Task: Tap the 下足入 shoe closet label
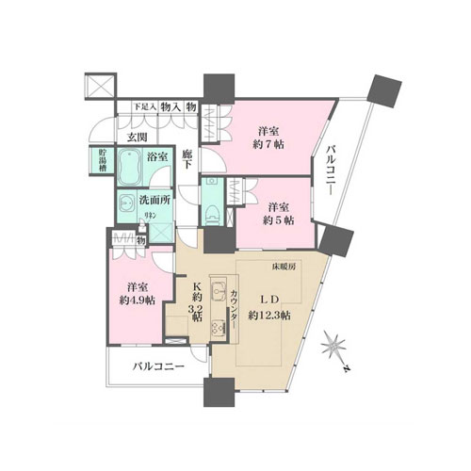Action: [x=142, y=106]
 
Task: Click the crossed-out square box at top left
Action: [x=99, y=85]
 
